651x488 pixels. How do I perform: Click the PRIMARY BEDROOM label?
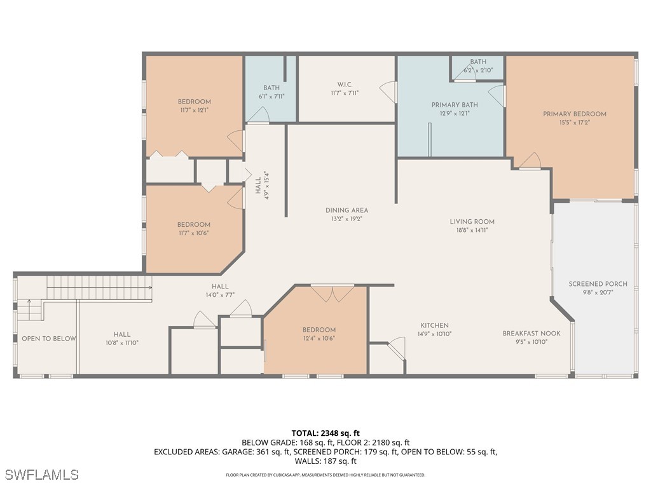pos(574,114)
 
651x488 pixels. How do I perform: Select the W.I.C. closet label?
pos(345,85)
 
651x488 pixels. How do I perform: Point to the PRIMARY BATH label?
pos(455,105)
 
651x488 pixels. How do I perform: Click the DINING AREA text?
pos(346,210)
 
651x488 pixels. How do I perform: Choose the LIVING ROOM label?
pos(472,222)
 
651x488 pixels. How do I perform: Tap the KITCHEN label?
pos(434,325)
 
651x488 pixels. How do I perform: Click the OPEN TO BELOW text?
pos(48,339)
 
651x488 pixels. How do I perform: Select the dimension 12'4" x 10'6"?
pos(319,338)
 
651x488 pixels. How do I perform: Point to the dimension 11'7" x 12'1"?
pos(194,110)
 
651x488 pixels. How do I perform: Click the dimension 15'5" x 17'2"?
pos(574,123)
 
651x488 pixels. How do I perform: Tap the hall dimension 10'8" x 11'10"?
pos(122,342)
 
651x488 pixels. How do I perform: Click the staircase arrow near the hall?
pos(150,288)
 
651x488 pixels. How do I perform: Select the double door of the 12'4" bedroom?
pos(332,293)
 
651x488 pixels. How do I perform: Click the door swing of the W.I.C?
pos(385,91)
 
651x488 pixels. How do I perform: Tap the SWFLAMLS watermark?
pos(41,475)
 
